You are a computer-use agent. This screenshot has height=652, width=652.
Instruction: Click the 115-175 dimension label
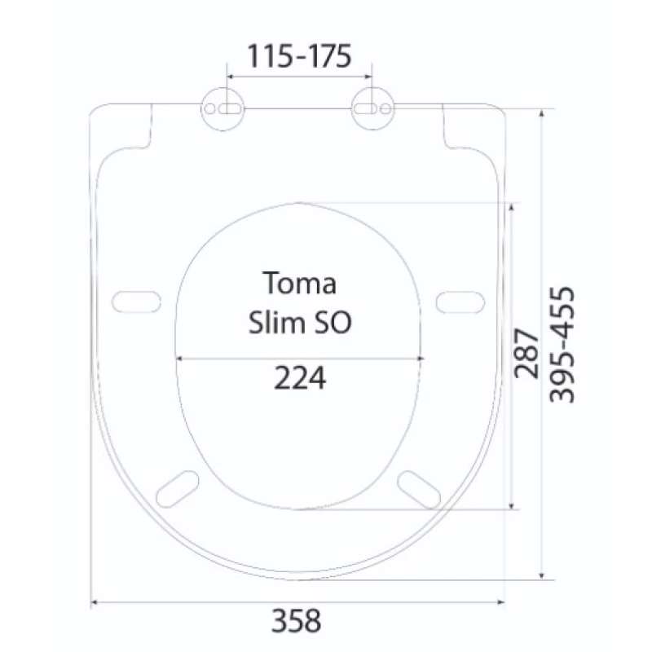tap(299, 56)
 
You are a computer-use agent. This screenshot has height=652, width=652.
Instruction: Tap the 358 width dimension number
tap(296, 620)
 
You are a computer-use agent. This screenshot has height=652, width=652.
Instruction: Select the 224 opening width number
tap(300, 378)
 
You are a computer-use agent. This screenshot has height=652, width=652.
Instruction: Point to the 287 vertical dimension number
tap(526, 354)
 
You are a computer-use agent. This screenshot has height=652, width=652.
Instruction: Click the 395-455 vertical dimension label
tap(562, 345)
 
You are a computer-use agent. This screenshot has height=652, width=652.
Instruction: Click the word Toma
tap(299, 283)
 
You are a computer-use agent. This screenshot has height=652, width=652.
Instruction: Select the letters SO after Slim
tap(333, 322)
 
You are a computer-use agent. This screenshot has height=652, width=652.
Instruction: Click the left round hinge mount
tap(222, 109)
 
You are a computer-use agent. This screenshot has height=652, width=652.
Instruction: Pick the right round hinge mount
tap(373, 109)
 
